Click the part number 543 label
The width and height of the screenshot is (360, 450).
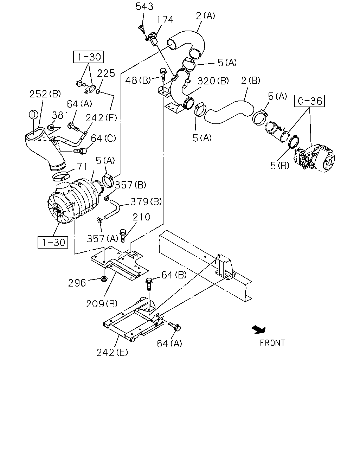(x=144, y=6)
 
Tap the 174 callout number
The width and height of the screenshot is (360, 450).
(x=165, y=20)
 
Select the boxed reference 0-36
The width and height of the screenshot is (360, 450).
(x=309, y=101)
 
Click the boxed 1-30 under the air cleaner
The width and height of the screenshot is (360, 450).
(x=53, y=242)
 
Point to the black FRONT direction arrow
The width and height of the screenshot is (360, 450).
(x=259, y=329)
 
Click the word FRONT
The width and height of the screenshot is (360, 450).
(x=272, y=343)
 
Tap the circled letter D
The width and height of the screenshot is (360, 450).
(x=33, y=115)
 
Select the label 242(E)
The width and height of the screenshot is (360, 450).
(x=112, y=353)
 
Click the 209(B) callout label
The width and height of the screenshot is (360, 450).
(x=102, y=304)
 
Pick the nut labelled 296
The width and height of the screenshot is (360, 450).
(x=104, y=279)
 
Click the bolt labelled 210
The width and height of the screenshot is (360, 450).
(x=123, y=236)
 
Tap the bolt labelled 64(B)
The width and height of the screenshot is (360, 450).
(x=149, y=284)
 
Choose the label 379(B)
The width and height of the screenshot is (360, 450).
(x=146, y=202)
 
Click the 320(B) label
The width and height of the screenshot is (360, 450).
(x=213, y=81)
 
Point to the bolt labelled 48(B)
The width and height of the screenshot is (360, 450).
(x=162, y=75)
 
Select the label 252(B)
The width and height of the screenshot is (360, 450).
(x=45, y=94)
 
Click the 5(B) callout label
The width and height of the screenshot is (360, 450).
(x=280, y=166)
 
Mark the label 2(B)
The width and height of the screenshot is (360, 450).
(x=251, y=81)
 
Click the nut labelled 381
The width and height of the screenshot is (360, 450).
(x=51, y=127)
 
